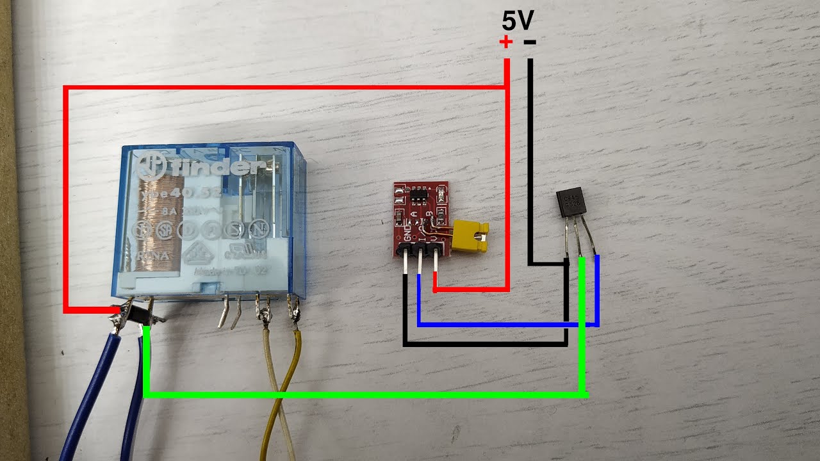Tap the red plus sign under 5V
(x=506, y=43)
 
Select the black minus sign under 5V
(x=530, y=43)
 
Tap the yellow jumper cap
(x=470, y=235)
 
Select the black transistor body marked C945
(x=570, y=204)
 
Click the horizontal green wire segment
(x=365, y=394)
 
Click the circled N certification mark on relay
(x=259, y=229)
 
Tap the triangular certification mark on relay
(x=196, y=255)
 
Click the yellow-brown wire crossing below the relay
(x=282, y=397)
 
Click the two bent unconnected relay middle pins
(x=229, y=312)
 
